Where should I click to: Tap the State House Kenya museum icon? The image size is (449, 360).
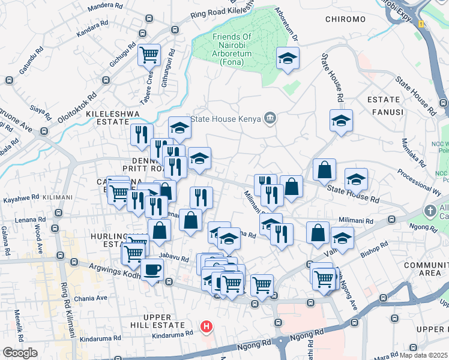pos(270,118)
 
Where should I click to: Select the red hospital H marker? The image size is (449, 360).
pos(206,327)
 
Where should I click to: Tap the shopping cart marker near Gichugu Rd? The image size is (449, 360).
pos(149,55)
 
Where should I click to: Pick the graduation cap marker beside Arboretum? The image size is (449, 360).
pos(288,58)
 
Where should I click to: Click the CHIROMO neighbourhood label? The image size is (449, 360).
pos(345,19)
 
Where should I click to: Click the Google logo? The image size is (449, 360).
pos(20,353)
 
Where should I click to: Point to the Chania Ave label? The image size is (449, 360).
pos(90,298)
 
